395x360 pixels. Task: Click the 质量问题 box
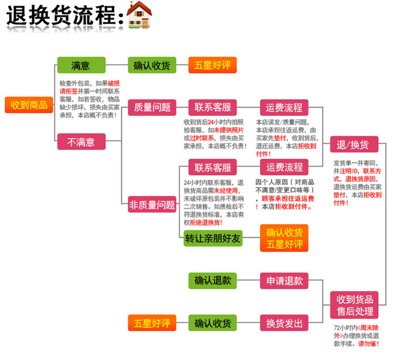coord(152,108)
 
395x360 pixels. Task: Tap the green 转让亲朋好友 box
coord(213,238)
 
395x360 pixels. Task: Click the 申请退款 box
coord(284,280)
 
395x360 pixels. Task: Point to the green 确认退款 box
coord(213,280)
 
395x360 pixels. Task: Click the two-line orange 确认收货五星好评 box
coord(284,238)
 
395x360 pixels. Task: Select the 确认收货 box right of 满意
coord(152,65)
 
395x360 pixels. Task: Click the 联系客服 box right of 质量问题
coord(213,108)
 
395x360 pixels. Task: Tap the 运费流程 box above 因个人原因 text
coord(284,167)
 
